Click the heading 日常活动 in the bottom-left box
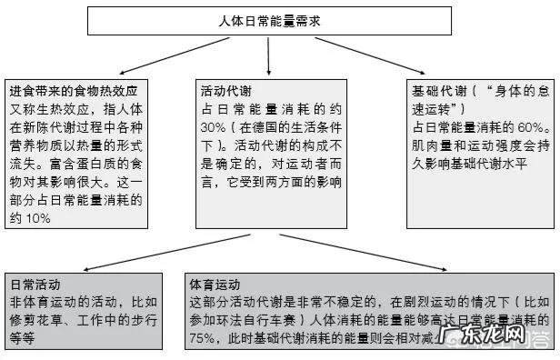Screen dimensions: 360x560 pos(35,284)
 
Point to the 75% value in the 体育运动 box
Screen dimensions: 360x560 pos(206,338)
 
